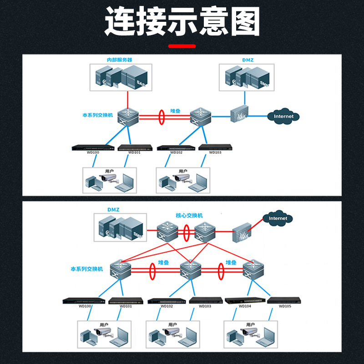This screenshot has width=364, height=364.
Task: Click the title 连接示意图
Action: coord(182,21)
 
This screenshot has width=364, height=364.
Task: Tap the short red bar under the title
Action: coord(182,46)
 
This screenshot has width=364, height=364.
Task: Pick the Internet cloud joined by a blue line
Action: coord(283,116)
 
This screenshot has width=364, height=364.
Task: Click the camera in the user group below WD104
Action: coord(249,332)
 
